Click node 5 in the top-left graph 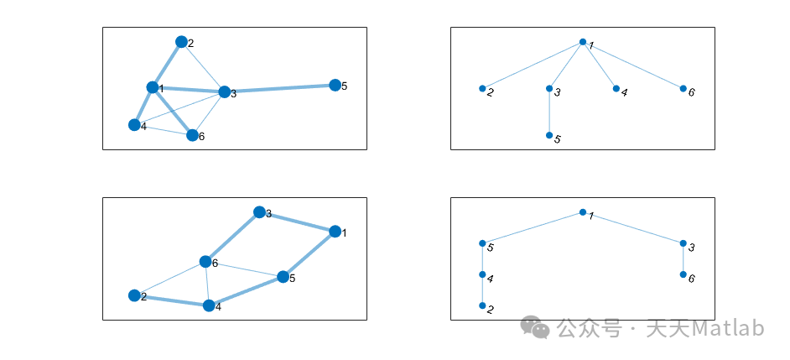tap(335, 85)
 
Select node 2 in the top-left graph tap(181, 42)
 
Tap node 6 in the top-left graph tap(192, 135)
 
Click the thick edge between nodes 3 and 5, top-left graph tap(279, 88)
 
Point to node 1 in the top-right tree tap(583, 42)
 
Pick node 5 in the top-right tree tap(549, 135)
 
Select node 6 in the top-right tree tap(683, 88)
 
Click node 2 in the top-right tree tap(482, 88)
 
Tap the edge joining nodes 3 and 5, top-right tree tap(549, 112)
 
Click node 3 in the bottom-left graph tap(259, 212)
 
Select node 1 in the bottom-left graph tap(335, 232)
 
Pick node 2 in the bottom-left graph tap(134, 295)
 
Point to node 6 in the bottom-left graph tap(205, 262)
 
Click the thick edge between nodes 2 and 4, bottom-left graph tap(171, 300)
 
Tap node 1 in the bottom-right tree tap(583, 213)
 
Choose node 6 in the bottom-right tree tap(683, 274)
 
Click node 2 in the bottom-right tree tap(482, 306)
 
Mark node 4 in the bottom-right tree tap(482, 274)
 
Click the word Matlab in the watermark tap(728, 328)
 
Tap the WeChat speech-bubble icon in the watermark tap(535, 327)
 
